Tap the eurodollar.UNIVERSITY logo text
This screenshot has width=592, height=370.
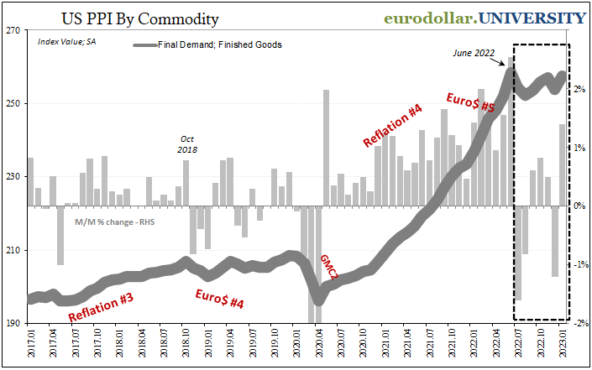pyautogui.click(x=485, y=18)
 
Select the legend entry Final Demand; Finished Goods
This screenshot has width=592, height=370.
pyautogui.click(x=220, y=44)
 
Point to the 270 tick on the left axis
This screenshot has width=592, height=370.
pyautogui.click(x=14, y=30)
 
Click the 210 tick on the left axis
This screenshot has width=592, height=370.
pyautogui.click(x=14, y=250)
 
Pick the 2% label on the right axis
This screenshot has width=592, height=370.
pyautogui.click(x=579, y=89)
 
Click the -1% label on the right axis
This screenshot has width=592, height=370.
pyautogui.click(x=579, y=264)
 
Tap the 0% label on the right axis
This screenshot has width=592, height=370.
pyautogui.click(x=579, y=206)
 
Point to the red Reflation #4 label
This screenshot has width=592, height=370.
pyautogui.click(x=392, y=124)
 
